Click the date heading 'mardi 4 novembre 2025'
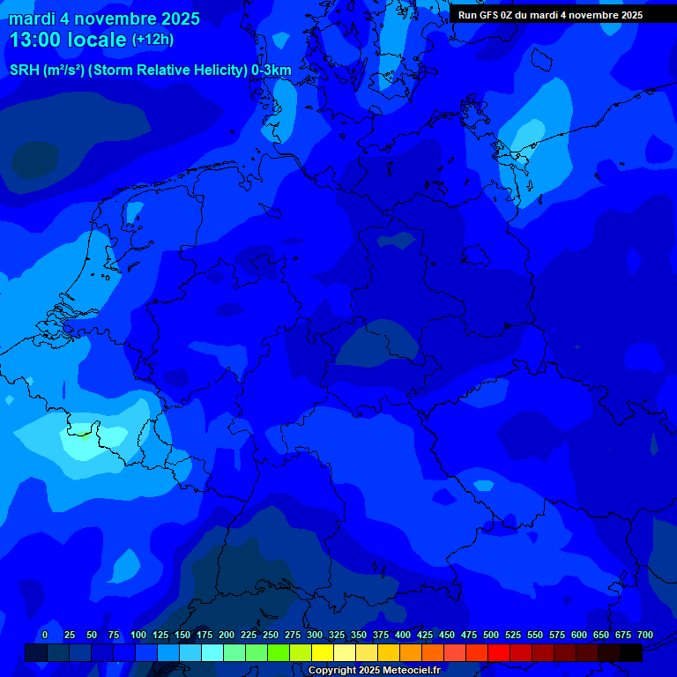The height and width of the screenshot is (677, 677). tap(104, 19)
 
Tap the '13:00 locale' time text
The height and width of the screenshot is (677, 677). tap(69, 40)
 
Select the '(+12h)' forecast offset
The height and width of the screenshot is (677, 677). tap(153, 40)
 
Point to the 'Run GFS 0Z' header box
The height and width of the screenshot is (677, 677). tap(550, 15)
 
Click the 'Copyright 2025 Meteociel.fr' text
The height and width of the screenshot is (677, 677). tap(374, 670)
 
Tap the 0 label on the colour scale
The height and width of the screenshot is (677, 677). tap(45, 635)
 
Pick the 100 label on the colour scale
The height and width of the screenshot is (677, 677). tap(138, 635)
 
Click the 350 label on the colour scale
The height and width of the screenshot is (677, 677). tap(359, 635)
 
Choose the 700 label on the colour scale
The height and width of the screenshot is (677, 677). tap(644, 635)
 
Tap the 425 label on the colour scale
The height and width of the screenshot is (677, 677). tap(425, 635)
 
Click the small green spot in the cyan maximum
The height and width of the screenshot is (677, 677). tap(81, 432)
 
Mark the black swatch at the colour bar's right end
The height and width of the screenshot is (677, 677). tap(630, 652)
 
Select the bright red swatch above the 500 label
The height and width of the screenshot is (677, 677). tap(498, 652)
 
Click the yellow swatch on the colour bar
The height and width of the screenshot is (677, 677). tap(322, 652)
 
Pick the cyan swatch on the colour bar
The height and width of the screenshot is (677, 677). tap(212, 652)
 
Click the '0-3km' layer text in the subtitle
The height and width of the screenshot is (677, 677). tap(272, 71)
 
